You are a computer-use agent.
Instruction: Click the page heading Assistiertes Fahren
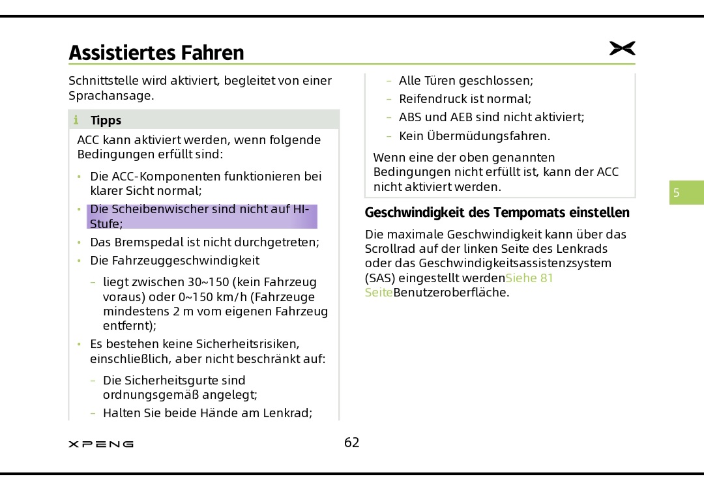tap(156, 52)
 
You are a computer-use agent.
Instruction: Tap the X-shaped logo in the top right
tap(622, 48)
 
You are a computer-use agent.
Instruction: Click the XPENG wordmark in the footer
tap(101, 444)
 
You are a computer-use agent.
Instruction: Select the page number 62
tap(352, 443)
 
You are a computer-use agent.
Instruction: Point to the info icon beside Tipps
tap(76, 120)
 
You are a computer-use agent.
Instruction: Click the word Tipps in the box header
tap(106, 120)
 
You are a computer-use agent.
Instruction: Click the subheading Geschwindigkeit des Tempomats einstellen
tap(497, 213)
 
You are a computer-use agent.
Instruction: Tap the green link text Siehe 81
tap(529, 278)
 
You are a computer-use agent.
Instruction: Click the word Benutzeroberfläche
tap(451, 292)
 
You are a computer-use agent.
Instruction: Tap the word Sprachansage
tap(111, 96)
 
